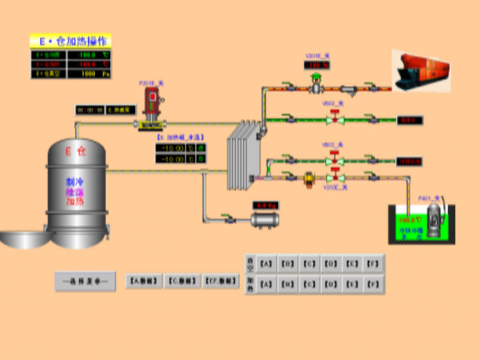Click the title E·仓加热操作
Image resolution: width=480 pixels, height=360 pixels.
coord(71,41)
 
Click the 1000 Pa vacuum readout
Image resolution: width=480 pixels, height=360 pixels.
coord(89,74)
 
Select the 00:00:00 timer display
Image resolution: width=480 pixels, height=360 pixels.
coord(89,110)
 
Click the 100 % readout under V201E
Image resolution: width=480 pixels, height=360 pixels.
coord(317,65)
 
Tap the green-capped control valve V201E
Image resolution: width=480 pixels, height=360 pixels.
coord(316,85)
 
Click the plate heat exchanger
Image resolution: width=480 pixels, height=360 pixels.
coord(243,154)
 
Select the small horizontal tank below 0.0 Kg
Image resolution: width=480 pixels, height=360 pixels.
coord(265,220)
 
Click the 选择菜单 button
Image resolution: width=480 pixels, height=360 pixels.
coord(85,281)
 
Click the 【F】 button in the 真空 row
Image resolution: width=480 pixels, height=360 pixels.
coord(374,263)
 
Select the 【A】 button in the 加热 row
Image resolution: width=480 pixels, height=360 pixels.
coord(267,284)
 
